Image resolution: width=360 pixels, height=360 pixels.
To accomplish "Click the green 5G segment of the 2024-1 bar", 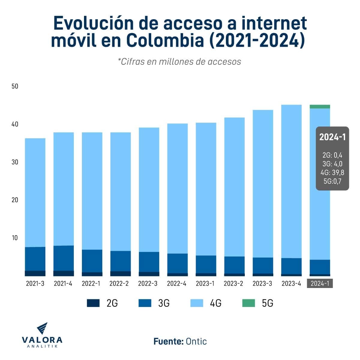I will coord(320,106).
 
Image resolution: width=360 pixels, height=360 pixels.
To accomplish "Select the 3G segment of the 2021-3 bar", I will coord(35,259).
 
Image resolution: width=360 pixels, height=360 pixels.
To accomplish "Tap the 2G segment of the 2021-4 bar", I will coord(64,273).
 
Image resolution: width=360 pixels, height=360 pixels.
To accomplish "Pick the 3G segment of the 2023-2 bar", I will coord(234,265).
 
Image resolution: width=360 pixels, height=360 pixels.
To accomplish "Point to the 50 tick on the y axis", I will coord(15,86).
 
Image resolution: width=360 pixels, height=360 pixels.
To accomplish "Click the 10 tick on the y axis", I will coord(15,238).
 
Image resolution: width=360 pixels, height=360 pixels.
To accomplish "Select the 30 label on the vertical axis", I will coord(15,162).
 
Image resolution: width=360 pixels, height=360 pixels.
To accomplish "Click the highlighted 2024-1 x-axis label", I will coord(320,284).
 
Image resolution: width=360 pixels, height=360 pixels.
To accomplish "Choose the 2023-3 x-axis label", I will coord(262,284).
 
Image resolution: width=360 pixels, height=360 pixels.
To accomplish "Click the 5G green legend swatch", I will coord(249,303).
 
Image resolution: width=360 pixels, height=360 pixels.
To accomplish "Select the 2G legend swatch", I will coord(93,303).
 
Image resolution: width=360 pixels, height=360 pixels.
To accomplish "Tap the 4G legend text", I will coord(215,303).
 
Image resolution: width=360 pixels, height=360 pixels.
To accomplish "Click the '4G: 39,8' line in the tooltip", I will coord(332,172).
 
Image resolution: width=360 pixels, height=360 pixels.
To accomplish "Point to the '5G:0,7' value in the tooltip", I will coord(332,181).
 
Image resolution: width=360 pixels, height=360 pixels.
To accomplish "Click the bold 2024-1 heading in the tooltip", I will coord(332,137).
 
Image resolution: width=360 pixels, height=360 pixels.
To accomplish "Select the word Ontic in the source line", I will coord(196,341).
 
